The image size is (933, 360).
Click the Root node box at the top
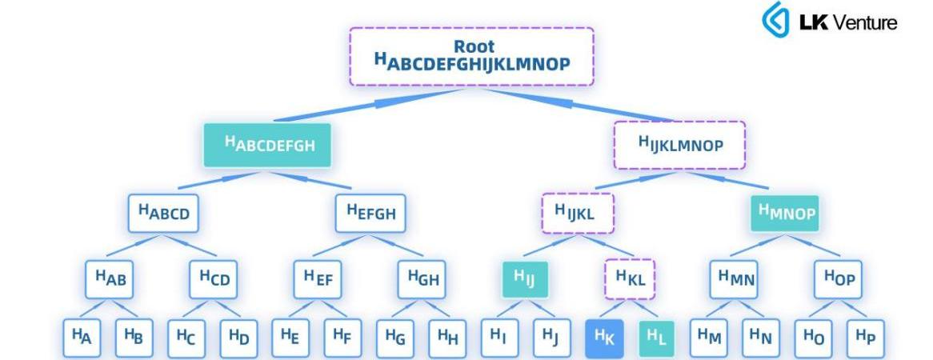tap(471, 56)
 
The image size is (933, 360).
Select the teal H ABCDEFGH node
tap(267, 146)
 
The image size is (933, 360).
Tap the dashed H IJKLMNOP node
tap(680, 146)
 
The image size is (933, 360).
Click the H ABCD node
tap(163, 214)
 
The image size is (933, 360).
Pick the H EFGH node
tap(370, 214)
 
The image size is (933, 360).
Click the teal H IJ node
tap(525, 280)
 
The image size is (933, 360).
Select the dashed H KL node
tap(629, 280)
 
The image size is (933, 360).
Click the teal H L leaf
tap(655, 338)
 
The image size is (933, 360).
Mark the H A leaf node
tap(82, 338)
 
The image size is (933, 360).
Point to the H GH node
tap(422, 280)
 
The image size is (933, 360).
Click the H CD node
tap(214, 280)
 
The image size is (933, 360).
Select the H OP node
tap(837, 280)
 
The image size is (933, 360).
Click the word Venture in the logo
tap(866, 22)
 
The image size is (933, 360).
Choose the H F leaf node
tap(342, 338)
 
